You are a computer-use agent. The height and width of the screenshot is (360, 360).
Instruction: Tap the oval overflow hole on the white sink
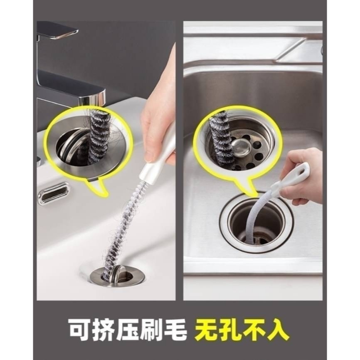point(54,193)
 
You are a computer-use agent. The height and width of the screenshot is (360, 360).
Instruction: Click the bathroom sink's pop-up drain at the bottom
point(118,275)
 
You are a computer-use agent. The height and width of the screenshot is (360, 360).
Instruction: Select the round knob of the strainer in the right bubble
point(242,145)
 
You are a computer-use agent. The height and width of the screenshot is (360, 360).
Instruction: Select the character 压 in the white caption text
point(130,330)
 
